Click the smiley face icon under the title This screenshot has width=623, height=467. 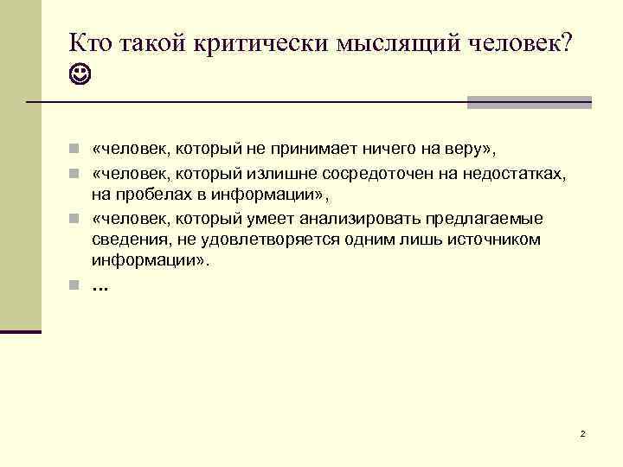[x=80, y=79]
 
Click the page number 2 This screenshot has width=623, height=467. [x=583, y=432]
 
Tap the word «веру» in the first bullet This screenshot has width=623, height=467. [x=464, y=150]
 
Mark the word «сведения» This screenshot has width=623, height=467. [x=126, y=240]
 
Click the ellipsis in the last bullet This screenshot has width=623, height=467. [x=100, y=285]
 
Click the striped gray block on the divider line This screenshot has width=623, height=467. [x=529, y=102]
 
